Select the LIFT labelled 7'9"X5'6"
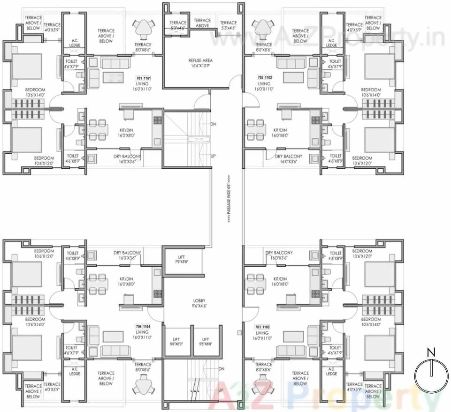pyautogui.click(x=182, y=260)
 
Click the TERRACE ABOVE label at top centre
pyautogui.click(x=202, y=23)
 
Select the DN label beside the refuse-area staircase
pyautogui.click(x=213, y=124)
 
